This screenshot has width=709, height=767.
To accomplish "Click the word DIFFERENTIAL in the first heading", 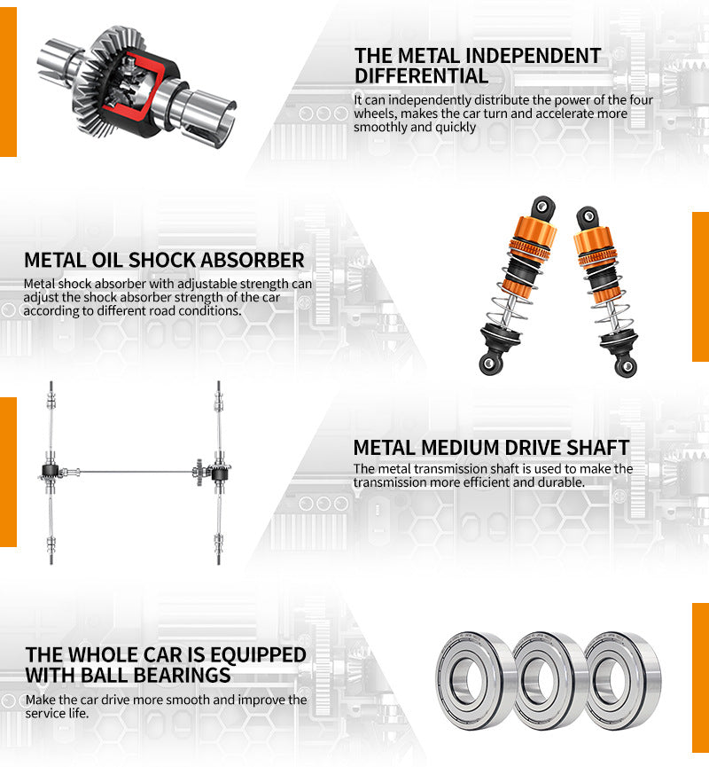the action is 421,76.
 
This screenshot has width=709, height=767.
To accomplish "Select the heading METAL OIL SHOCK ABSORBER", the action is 164,260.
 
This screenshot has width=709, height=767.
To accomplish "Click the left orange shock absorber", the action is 518,286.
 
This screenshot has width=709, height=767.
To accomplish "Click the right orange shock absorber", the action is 605,291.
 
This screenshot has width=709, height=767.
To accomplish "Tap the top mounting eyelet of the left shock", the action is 542,206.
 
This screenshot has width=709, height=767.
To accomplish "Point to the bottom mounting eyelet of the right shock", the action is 627,366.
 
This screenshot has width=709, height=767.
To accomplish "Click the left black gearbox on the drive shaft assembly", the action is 51,472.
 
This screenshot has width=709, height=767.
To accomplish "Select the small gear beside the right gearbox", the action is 199,472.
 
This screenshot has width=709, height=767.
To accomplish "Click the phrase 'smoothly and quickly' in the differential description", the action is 415,127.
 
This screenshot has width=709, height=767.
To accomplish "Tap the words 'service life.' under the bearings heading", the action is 58,713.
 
